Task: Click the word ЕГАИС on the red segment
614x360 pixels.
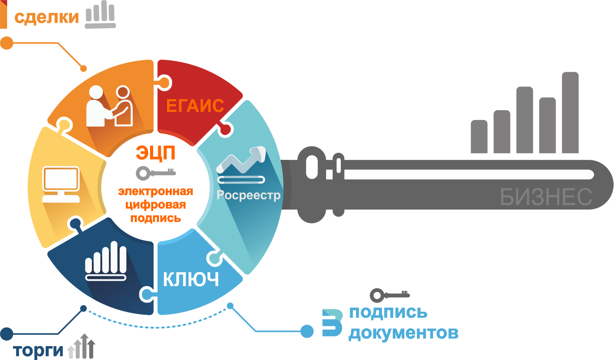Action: point(195,106)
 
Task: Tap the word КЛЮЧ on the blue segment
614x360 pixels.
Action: point(191,279)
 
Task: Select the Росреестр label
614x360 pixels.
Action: point(249,195)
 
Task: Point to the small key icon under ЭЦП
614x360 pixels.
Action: point(156,172)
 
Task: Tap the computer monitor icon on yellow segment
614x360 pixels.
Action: point(61,184)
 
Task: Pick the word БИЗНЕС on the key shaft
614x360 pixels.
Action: point(546,197)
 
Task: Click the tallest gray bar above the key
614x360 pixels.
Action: point(570,112)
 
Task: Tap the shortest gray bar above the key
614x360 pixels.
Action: point(479,137)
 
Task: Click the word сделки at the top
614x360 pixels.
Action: point(47,17)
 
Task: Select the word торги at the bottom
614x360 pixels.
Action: point(39,351)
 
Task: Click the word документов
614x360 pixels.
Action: point(404,334)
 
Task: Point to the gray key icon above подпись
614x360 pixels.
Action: point(389,295)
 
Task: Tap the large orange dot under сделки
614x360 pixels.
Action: point(6,43)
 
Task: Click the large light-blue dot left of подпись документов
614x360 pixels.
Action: point(307,331)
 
